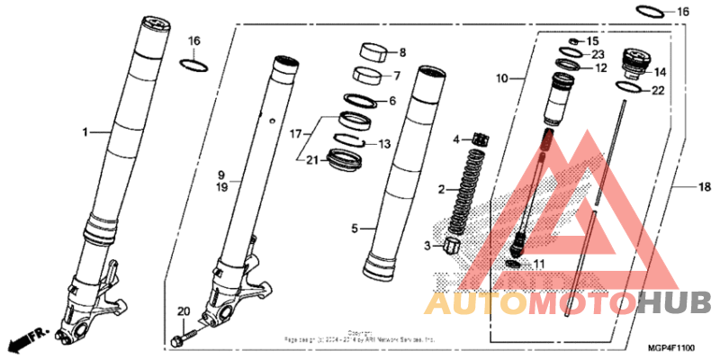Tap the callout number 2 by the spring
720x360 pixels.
(442, 190)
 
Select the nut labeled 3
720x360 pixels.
(446, 244)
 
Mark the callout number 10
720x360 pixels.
(502, 79)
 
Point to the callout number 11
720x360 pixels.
(539, 265)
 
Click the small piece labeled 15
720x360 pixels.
(571, 41)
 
